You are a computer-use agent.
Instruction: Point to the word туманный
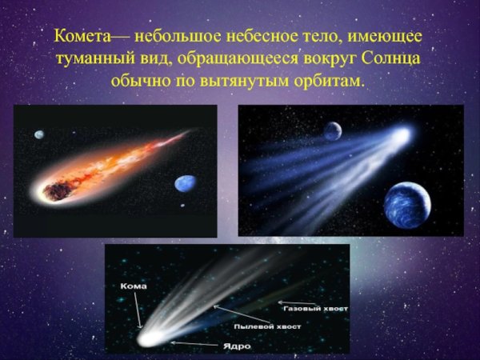90,60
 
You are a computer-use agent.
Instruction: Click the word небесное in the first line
263,38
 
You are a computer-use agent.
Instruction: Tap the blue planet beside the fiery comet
186,183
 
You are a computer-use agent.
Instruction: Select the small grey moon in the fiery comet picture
39,134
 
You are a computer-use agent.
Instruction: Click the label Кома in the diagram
134,285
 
